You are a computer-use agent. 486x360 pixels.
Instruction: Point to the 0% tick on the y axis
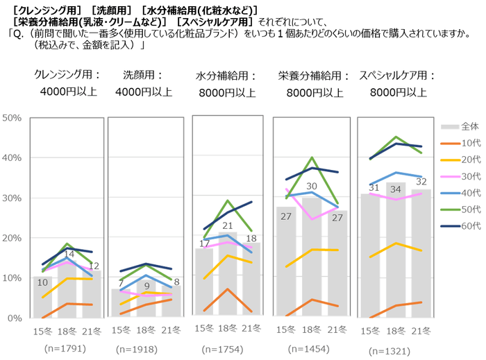(x=15, y=318)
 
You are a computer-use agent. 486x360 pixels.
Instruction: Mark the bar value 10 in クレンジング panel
(x=43, y=282)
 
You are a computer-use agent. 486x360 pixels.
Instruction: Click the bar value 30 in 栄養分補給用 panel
(x=312, y=186)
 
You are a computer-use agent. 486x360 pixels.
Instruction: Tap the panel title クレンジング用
(x=67, y=74)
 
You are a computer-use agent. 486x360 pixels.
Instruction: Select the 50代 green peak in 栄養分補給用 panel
(x=312, y=158)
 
